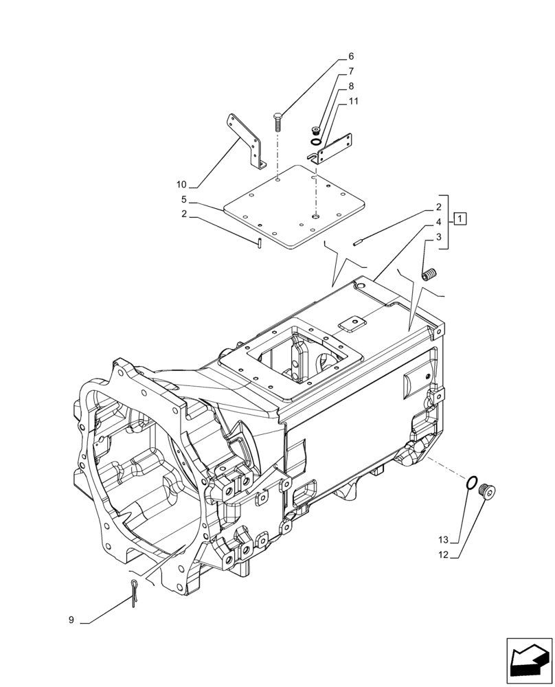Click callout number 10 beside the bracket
click(181, 185)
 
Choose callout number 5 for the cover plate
click(184, 200)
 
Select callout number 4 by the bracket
click(438, 223)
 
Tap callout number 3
click(438, 238)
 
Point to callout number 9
click(71, 620)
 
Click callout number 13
click(443, 540)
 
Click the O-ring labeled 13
click(472, 484)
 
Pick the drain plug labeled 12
click(489, 491)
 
